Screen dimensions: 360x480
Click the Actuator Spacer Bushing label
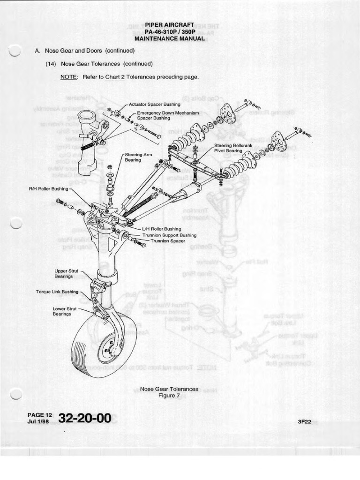coord(154,104)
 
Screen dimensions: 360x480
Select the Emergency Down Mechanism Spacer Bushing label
coord(167,116)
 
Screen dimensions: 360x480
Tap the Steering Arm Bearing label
coord(133,157)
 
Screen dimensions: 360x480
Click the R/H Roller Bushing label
coord(48,189)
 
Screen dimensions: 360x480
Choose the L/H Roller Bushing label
coord(161,229)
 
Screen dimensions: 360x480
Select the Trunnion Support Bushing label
coord(169,235)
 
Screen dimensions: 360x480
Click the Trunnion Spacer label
coord(167,241)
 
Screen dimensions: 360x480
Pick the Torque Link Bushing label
coord(57,292)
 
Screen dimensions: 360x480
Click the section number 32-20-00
coord(84,418)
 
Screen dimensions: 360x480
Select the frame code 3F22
coord(304,421)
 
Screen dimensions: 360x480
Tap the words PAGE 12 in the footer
coord(39,415)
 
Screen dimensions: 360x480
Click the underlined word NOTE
coord(68,77)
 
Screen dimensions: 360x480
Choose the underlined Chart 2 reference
coord(115,77)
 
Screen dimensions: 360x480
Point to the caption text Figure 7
coord(169,395)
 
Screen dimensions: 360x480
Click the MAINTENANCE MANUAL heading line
coord(169,38)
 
